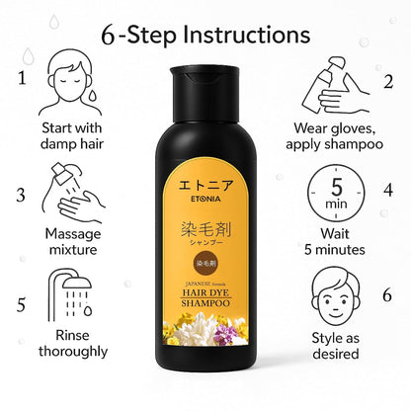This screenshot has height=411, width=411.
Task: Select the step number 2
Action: tap(388, 81)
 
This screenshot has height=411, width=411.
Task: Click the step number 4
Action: tap(388, 188)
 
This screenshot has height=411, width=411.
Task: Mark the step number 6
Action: tap(388, 293)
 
